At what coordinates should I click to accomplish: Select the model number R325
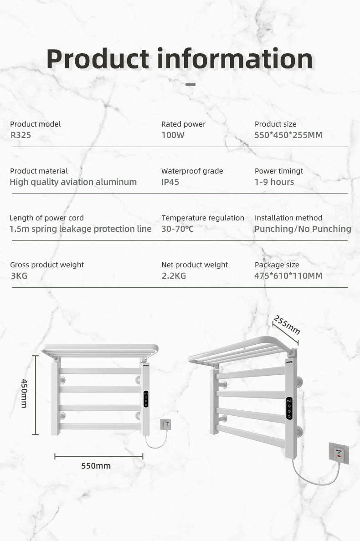21,135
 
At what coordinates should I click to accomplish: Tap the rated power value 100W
173,135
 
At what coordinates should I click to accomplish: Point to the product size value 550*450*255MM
288,135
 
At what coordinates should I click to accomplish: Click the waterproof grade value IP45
170,182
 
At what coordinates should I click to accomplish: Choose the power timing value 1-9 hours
274,182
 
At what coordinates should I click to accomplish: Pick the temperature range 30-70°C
177,229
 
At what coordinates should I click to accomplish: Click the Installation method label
288,218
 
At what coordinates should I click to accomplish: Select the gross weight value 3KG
19,276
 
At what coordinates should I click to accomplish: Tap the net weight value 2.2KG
174,276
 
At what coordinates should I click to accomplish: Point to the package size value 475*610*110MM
288,276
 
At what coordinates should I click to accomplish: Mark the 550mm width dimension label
96,466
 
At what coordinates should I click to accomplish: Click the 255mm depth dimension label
287,324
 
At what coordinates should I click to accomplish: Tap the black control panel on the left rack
146,399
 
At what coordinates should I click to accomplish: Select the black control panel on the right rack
289,408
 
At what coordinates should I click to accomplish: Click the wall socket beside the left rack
166,424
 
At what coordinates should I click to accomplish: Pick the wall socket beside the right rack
339,453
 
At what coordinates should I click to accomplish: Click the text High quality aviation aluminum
73,182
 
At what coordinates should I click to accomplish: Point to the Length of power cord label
46,218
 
